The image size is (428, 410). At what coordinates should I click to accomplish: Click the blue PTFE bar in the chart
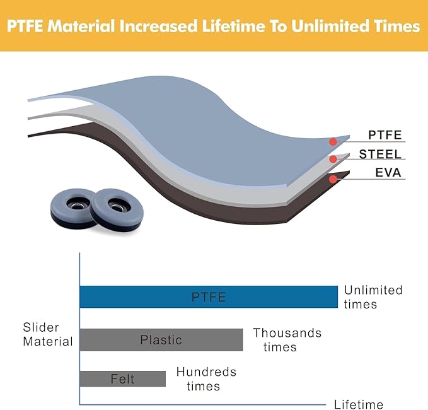coord(209,297)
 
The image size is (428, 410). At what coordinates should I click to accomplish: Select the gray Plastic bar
coord(161,340)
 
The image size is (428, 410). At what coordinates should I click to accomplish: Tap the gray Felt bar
coord(122,379)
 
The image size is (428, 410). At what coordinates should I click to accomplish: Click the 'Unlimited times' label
coord(373,297)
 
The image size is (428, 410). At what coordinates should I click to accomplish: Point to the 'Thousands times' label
coord(287,340)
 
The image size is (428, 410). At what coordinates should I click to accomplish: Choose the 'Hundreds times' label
coord(206,379)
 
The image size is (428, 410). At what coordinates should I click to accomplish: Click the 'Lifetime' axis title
coord(359,404)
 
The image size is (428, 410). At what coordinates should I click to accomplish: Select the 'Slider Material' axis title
coord(48,334)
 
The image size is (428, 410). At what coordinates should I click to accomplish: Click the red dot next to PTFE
coord(333,142)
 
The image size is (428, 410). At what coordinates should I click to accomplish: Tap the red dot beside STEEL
coord(333,159)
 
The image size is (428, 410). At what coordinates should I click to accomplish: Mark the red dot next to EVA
coord(333,179)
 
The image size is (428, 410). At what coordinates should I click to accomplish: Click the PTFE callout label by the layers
coord(385,135)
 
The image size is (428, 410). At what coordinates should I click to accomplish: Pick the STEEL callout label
coord(380,155)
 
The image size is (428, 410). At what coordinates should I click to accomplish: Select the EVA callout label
coord(388,173)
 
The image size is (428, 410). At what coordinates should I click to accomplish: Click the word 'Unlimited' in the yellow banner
coord(330,26)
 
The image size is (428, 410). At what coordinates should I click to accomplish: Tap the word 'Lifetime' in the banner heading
coord(233,26)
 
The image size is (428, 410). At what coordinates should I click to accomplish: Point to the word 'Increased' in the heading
coord(158,26)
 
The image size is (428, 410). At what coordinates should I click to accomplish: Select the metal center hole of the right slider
coord(117,206)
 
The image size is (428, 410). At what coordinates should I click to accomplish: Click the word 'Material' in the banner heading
coord(81,26)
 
